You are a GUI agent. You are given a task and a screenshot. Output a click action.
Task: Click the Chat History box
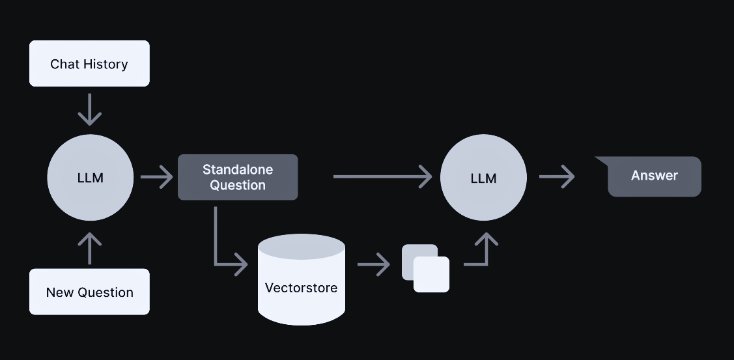89,64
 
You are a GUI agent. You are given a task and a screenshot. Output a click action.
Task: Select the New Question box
89,292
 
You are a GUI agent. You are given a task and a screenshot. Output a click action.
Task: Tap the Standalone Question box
238,177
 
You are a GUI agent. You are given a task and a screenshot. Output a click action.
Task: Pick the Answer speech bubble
654,176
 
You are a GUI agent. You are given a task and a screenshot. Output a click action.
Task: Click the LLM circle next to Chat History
90,178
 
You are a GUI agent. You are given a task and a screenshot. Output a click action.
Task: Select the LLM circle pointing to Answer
483,178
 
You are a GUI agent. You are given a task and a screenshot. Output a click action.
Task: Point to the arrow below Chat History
90,109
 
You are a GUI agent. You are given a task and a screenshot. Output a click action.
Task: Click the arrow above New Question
90,248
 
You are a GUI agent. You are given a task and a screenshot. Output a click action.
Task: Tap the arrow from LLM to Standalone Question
156,177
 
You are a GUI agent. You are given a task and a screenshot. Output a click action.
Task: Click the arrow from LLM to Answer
557,176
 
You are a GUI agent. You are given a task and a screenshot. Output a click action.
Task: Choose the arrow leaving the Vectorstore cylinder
373,265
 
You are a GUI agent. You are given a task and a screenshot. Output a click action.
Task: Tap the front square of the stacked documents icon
432,274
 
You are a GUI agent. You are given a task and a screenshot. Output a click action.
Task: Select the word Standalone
238,169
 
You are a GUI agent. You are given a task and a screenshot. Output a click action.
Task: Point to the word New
59,292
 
